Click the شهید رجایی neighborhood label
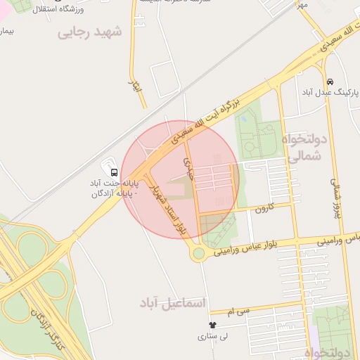[x=89, y=32]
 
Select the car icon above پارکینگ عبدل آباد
[x=330, y=81]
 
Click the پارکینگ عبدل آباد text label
[x=331, y=93]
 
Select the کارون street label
[x=264, y=209]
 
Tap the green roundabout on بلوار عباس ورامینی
[x=199, y=253]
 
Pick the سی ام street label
[x=239, y=310]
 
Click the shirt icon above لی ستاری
[x=213, y=325]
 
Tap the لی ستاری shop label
[x=214, y=337]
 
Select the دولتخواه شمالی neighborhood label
[x=304, y=148]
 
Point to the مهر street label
[x=302, y=6]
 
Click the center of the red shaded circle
[x=180, y=179]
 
